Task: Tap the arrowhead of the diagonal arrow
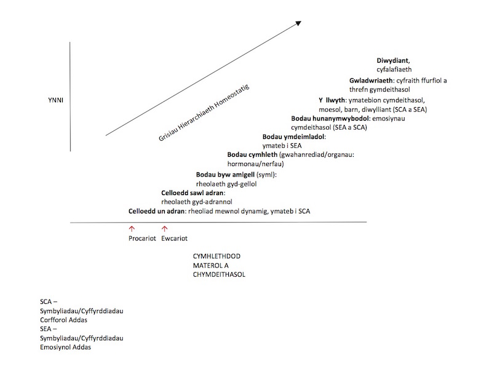coord(299,23)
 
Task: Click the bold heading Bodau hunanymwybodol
coord(330,118)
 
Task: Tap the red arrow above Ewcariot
coord(164,229)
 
